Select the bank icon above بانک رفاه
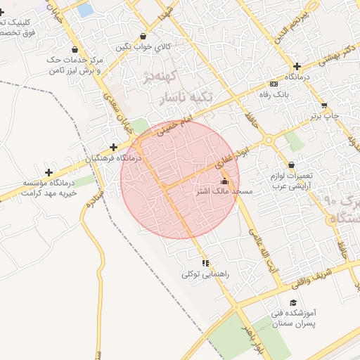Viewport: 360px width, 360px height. [274, 84]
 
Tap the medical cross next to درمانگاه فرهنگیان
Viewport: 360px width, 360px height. [113, 148]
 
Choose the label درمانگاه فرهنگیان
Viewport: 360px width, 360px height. [113, 159]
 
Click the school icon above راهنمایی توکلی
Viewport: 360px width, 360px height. [205, 263]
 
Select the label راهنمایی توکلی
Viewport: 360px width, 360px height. [205, 274]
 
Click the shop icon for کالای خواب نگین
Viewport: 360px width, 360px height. [143, 37]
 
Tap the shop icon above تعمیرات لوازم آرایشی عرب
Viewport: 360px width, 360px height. [291, 165]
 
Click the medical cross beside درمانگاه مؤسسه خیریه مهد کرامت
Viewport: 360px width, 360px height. [49, 172]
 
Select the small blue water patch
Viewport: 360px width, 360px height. [85, 11]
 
